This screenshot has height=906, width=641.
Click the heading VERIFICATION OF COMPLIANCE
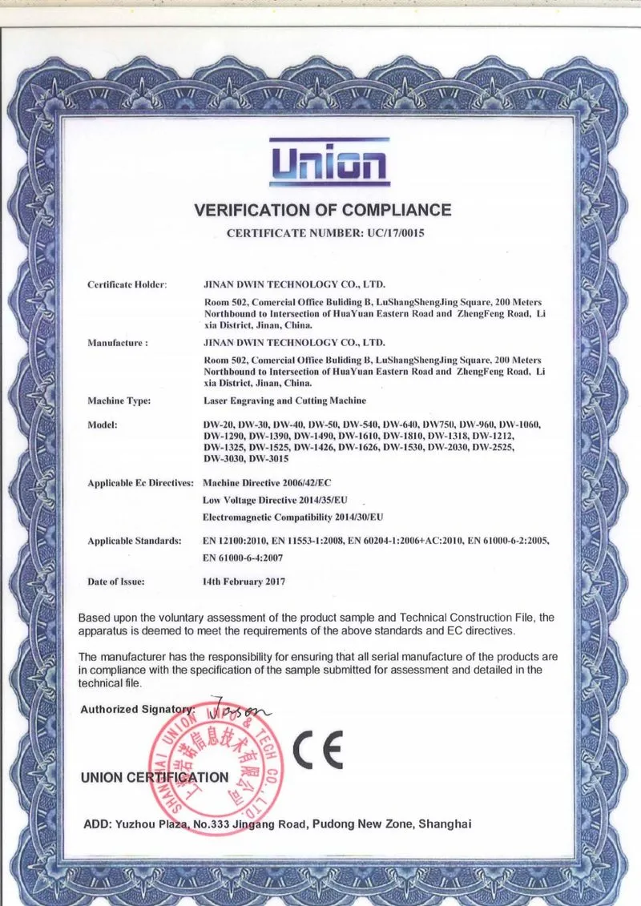click(x=323, y=211)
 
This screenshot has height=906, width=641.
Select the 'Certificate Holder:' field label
click(x=127, y=284)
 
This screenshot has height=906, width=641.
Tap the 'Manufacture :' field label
click(x=118, y=342)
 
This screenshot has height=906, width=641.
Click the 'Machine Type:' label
click(x=119, y=401)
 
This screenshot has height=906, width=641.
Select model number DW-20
click(x=220, y=424)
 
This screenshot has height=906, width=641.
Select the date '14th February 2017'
click(x=244, y=582)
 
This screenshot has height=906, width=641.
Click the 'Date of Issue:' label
click(x=116, y=582)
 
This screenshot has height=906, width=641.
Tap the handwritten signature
click(x=239, y=707)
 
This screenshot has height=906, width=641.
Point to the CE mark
click(x=317, y=750)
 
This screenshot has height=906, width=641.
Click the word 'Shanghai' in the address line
click(x=444, y=823)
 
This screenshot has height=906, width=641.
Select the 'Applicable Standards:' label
click(x=135, y=542)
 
